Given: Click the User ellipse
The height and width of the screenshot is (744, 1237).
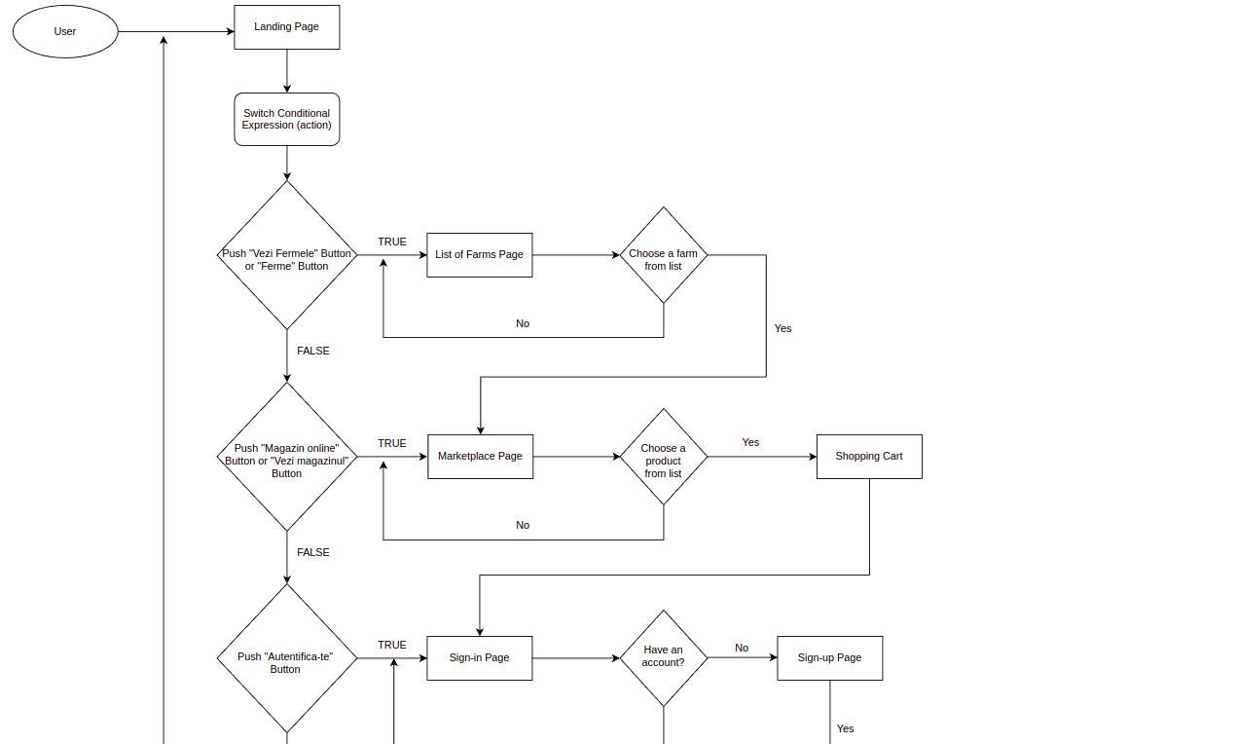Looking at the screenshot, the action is click(65, 31).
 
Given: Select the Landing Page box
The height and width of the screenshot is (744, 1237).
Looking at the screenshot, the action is click(286, 27).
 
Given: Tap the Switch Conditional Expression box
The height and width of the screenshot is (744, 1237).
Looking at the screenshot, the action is click(286, 120).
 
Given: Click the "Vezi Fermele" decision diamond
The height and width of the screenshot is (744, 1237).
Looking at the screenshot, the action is click(286, 255).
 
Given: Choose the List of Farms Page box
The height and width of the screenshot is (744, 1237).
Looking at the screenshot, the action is click(480, 255).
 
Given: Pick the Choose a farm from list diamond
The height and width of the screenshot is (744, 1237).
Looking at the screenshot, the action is click(663, 255).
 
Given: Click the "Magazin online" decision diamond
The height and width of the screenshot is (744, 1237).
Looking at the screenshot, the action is click(286, 457).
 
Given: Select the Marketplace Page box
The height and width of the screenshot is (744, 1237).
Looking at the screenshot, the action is click(481, 457).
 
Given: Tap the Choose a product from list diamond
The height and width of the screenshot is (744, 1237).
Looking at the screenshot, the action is click(663, 457).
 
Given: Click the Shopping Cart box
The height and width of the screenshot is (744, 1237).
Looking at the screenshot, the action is click(869, 457).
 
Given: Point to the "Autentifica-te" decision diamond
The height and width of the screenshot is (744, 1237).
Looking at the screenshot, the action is click(286, 658).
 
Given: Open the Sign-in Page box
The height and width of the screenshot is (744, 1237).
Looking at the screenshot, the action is click(480, 658).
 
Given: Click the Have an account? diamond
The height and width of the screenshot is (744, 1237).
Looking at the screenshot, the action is click(663, 658).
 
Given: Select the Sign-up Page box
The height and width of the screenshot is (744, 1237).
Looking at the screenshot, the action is click(829, 658).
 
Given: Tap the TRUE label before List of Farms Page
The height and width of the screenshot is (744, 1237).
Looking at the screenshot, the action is click(392, 242).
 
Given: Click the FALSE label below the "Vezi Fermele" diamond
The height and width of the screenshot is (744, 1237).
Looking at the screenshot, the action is click(313, 351).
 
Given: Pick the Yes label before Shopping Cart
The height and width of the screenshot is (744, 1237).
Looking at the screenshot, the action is click(750, 442).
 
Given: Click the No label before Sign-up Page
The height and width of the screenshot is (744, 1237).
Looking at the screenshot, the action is click(742, 648).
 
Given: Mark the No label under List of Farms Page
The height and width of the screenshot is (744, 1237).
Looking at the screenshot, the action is click(523, 323).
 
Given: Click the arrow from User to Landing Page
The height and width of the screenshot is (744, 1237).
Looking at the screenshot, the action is click(176, 31).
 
